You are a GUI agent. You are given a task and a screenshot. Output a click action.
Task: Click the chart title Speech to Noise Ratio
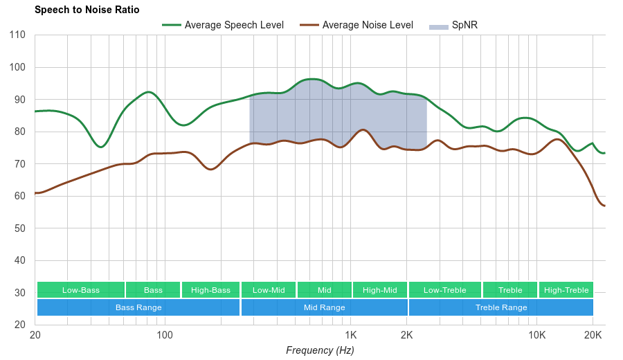point(87,10)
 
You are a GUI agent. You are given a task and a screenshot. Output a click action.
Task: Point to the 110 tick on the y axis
point(18,35)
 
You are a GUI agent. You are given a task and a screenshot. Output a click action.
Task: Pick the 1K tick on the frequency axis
point(350,336)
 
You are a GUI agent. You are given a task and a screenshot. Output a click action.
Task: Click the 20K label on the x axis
point(593,336)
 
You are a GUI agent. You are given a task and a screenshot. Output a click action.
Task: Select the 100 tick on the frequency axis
point(165,336)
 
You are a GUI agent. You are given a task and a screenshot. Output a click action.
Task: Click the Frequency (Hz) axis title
point(320,350)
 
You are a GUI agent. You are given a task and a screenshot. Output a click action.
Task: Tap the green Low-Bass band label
point(81,290)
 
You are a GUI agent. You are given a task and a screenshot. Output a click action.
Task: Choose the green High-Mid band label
point(380,290)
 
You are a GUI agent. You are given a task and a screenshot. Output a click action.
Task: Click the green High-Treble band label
point(566,290)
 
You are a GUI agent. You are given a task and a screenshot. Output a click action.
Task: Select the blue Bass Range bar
point(138,307)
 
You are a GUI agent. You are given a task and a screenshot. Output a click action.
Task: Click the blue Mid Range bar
point(325,307)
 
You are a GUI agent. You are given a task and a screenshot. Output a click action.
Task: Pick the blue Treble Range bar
point(501,307)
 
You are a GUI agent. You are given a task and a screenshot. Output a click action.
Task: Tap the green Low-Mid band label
point(269,290)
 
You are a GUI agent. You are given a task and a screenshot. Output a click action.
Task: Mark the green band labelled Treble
point(510,290)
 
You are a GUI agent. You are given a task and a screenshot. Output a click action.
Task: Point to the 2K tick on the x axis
point(407,336)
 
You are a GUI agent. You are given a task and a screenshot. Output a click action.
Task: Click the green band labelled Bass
point(154,290)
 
